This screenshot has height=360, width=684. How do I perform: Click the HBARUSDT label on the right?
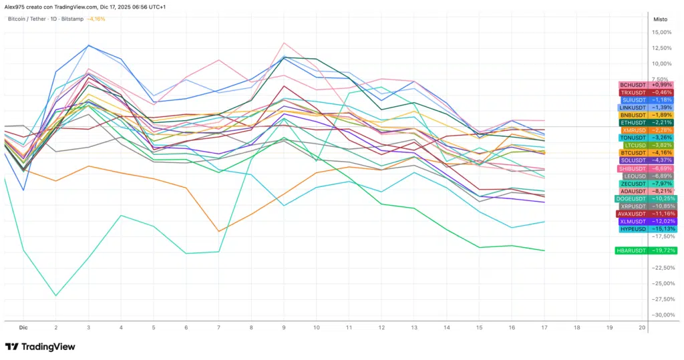631,250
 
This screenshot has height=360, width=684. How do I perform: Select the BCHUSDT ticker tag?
632,85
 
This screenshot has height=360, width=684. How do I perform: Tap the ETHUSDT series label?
632,122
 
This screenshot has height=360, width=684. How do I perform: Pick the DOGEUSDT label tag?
630,198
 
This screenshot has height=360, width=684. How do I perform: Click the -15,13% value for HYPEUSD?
663,228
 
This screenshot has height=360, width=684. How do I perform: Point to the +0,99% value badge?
663,85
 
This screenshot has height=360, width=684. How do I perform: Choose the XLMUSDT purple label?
632,221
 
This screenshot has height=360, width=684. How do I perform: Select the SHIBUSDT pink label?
631,168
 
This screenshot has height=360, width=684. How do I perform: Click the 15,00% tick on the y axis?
661,32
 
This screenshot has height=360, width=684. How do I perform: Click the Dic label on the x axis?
23,328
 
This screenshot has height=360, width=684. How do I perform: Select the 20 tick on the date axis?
642,328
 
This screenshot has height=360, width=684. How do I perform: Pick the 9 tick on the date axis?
284,328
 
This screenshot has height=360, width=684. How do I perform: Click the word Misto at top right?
659,19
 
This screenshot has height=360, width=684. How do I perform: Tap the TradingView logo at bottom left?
40,347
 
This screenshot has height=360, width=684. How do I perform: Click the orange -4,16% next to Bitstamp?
96,19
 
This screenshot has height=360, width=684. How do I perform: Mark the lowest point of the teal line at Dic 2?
55,295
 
